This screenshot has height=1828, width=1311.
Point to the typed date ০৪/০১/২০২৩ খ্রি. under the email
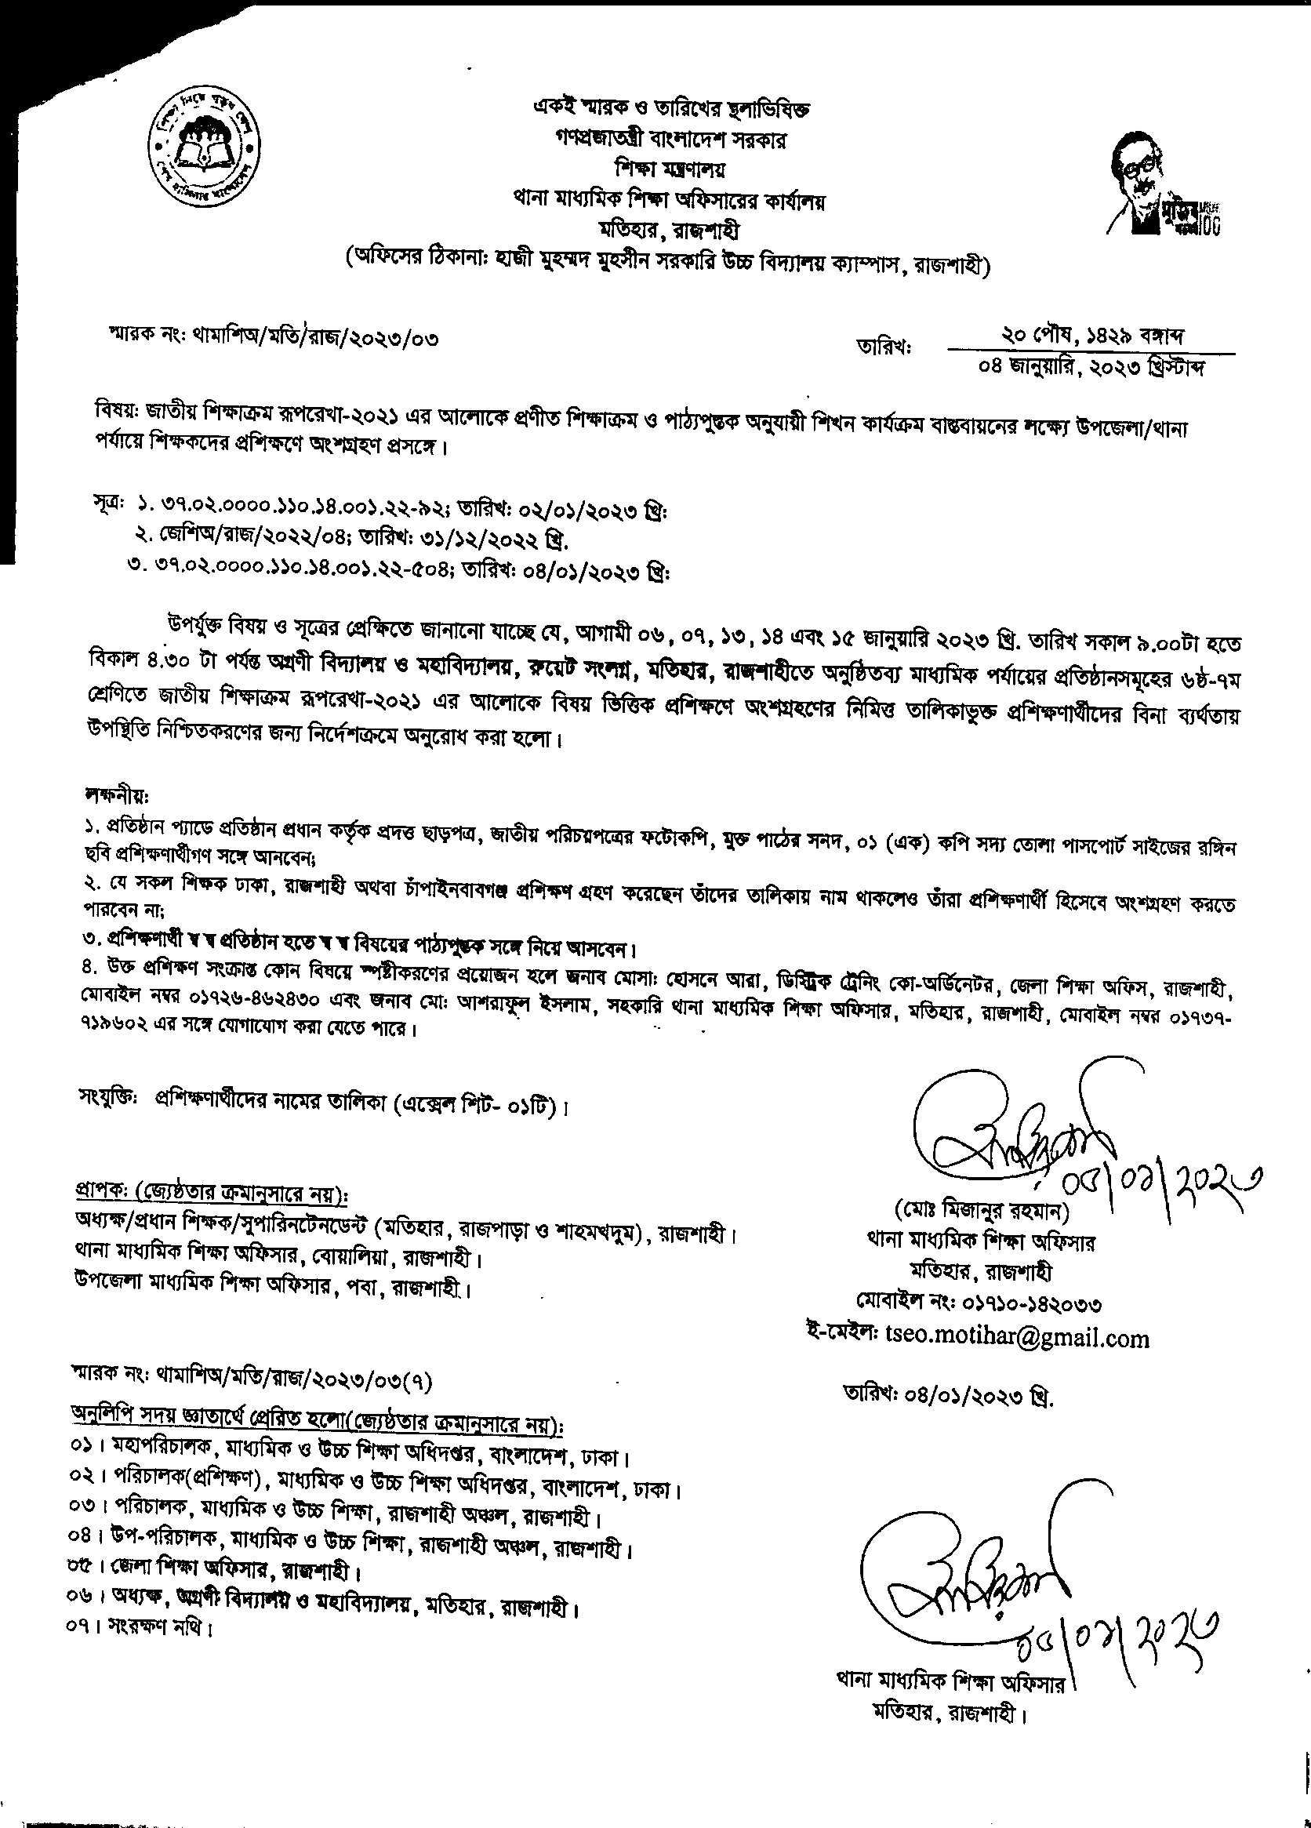[948, 1395]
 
